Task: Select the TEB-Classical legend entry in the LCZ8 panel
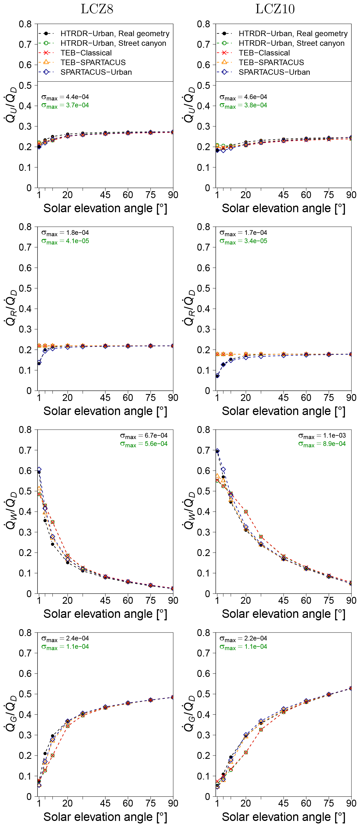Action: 86,53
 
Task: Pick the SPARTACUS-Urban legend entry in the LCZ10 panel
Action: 274,72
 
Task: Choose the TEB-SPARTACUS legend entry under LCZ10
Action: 271,62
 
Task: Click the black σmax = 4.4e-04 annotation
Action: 65,97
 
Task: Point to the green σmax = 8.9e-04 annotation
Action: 322,444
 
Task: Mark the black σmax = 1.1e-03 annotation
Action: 322,435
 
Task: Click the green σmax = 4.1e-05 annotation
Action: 65,241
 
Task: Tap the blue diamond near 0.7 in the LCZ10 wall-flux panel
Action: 217,451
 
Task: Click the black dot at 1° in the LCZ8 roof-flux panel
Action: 39,364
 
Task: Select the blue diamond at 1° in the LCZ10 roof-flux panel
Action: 217,376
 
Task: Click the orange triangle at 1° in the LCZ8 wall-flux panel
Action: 39,488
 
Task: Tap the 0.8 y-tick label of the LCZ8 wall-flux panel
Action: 25,430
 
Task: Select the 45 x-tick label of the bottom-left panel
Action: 105,804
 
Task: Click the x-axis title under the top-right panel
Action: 283,208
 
